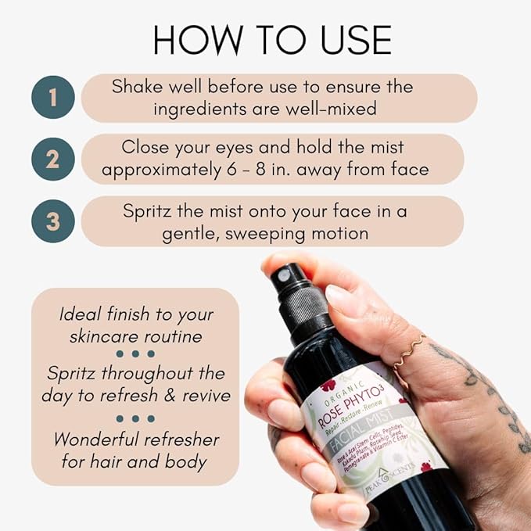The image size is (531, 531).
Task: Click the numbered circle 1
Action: pos(52,99)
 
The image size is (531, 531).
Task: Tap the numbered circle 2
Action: pos(52,159)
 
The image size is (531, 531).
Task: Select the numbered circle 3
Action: pos(52,221)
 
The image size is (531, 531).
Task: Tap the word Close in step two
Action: pos(148,147)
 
